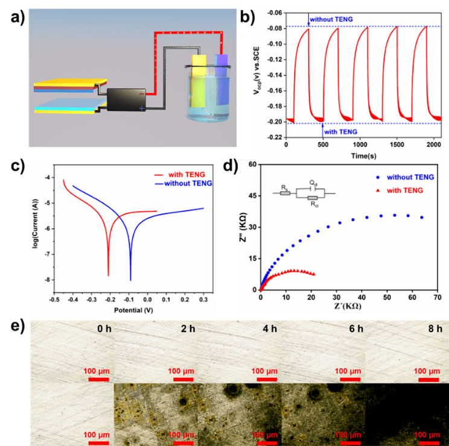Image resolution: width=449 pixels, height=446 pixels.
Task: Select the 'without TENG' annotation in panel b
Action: [331, 20]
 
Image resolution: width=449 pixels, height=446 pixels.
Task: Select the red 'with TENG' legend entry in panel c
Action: [182, 175]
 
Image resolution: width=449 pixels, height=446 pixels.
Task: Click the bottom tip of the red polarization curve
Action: [109, 275]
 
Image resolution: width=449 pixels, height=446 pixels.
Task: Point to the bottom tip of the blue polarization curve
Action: [130, 280]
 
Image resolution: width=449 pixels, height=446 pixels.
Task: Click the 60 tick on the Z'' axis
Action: [251, 164]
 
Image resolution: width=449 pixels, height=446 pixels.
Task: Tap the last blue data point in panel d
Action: [421, 217]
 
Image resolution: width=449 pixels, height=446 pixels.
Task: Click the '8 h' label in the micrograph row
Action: [434, 330]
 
